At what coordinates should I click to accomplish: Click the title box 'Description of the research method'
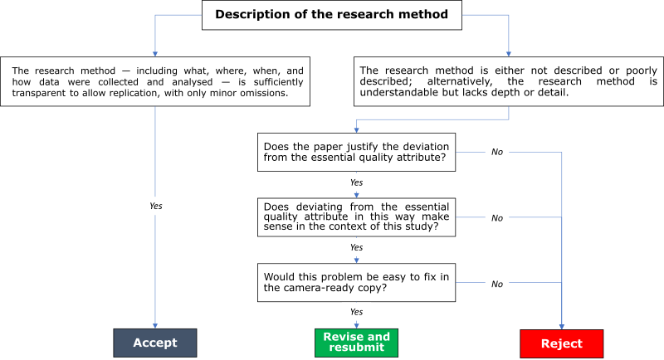click(332, 15)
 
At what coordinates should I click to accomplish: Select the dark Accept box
click(155, 343)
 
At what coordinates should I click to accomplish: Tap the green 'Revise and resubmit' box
click(356, 342)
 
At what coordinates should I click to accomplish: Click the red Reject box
click(562, 343)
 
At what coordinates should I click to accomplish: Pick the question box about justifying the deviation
click(357, 153)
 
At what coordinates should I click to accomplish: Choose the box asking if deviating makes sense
click(357, 218)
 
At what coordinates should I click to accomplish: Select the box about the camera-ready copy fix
click(357, 283)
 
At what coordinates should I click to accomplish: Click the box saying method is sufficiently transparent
click(157, 82)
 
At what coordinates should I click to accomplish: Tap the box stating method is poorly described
click(508, 82)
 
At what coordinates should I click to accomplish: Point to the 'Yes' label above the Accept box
click(155, 205)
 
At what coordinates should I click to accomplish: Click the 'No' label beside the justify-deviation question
click(496, 153)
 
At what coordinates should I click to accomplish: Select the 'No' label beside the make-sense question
click(496, 218)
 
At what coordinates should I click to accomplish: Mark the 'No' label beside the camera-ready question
click(496, 284)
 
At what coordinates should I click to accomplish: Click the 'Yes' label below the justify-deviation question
click(356, 182)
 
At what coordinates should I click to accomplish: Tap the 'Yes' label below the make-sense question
click(356, 247)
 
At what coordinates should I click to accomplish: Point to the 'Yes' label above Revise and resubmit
click(356, 312)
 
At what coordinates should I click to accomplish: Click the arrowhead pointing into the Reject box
click(562, 324)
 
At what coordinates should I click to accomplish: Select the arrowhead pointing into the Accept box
click(155, 324)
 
